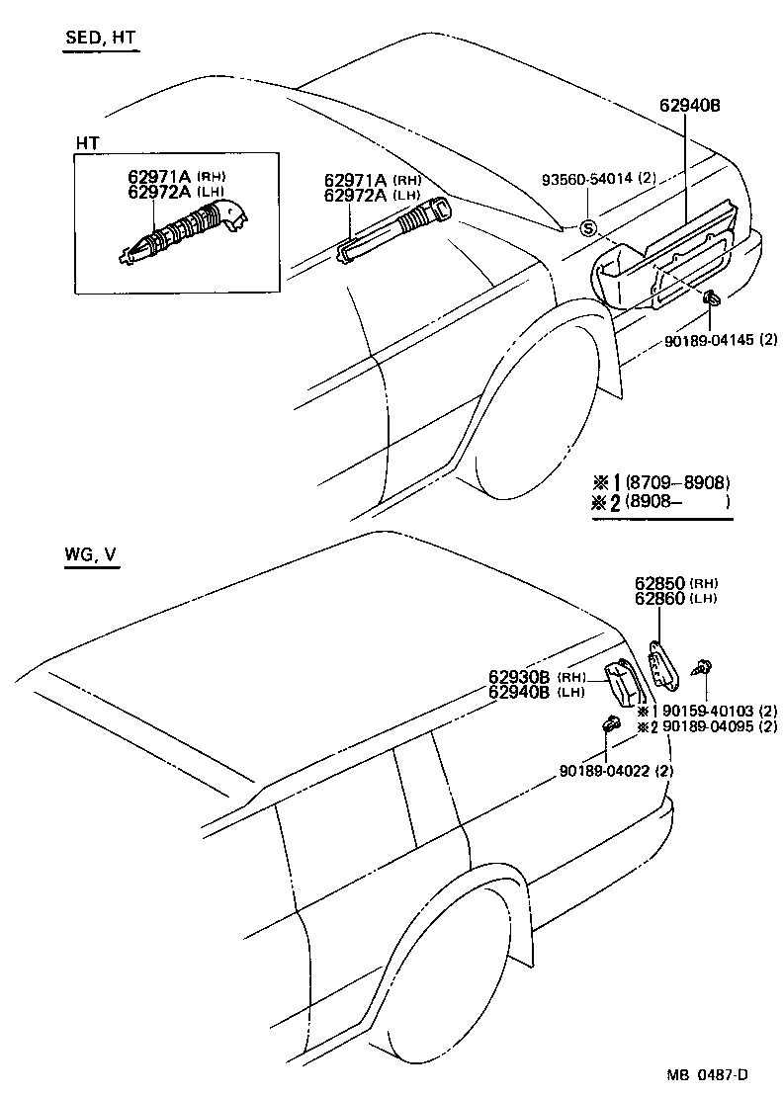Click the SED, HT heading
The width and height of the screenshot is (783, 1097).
pos(100,40)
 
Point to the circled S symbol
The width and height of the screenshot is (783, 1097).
pos(587,228)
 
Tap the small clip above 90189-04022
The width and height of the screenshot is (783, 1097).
pos(609,725)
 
